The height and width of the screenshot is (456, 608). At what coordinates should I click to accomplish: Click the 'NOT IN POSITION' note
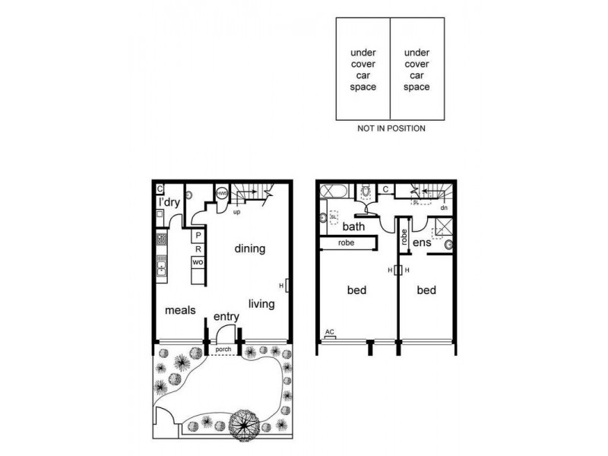(391, 128)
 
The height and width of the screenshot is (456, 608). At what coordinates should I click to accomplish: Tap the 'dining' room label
(249, 249)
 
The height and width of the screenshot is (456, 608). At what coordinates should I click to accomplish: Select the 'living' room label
(262, 304)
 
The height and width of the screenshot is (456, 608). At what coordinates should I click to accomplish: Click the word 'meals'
(181, 310)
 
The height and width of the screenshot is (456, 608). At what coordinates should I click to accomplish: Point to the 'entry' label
(226, 316)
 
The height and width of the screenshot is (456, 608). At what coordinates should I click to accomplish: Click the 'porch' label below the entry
(223, 350)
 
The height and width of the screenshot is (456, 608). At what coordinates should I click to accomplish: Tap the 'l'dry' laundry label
(168, 203)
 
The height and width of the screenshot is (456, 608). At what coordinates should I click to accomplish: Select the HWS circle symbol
(223, 194)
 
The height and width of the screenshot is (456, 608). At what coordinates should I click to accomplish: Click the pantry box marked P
(197, 236)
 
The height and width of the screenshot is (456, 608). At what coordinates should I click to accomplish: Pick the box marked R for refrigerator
(197, 249)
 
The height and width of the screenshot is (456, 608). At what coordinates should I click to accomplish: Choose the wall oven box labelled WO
(197, 262)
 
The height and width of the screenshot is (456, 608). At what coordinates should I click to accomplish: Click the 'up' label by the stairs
(236, 211)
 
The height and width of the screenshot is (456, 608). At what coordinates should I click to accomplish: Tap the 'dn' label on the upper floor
(443, 207)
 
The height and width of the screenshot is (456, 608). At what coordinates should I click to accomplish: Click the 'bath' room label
(354, 226)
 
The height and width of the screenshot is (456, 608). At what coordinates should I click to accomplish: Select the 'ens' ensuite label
(423, 242)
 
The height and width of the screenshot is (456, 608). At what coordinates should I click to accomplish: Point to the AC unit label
(330, 332)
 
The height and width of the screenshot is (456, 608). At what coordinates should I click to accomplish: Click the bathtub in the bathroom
(334, 192)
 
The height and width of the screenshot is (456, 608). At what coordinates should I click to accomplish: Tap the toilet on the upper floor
(366, 192)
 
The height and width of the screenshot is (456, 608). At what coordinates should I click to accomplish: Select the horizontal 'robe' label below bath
(347, 244)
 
